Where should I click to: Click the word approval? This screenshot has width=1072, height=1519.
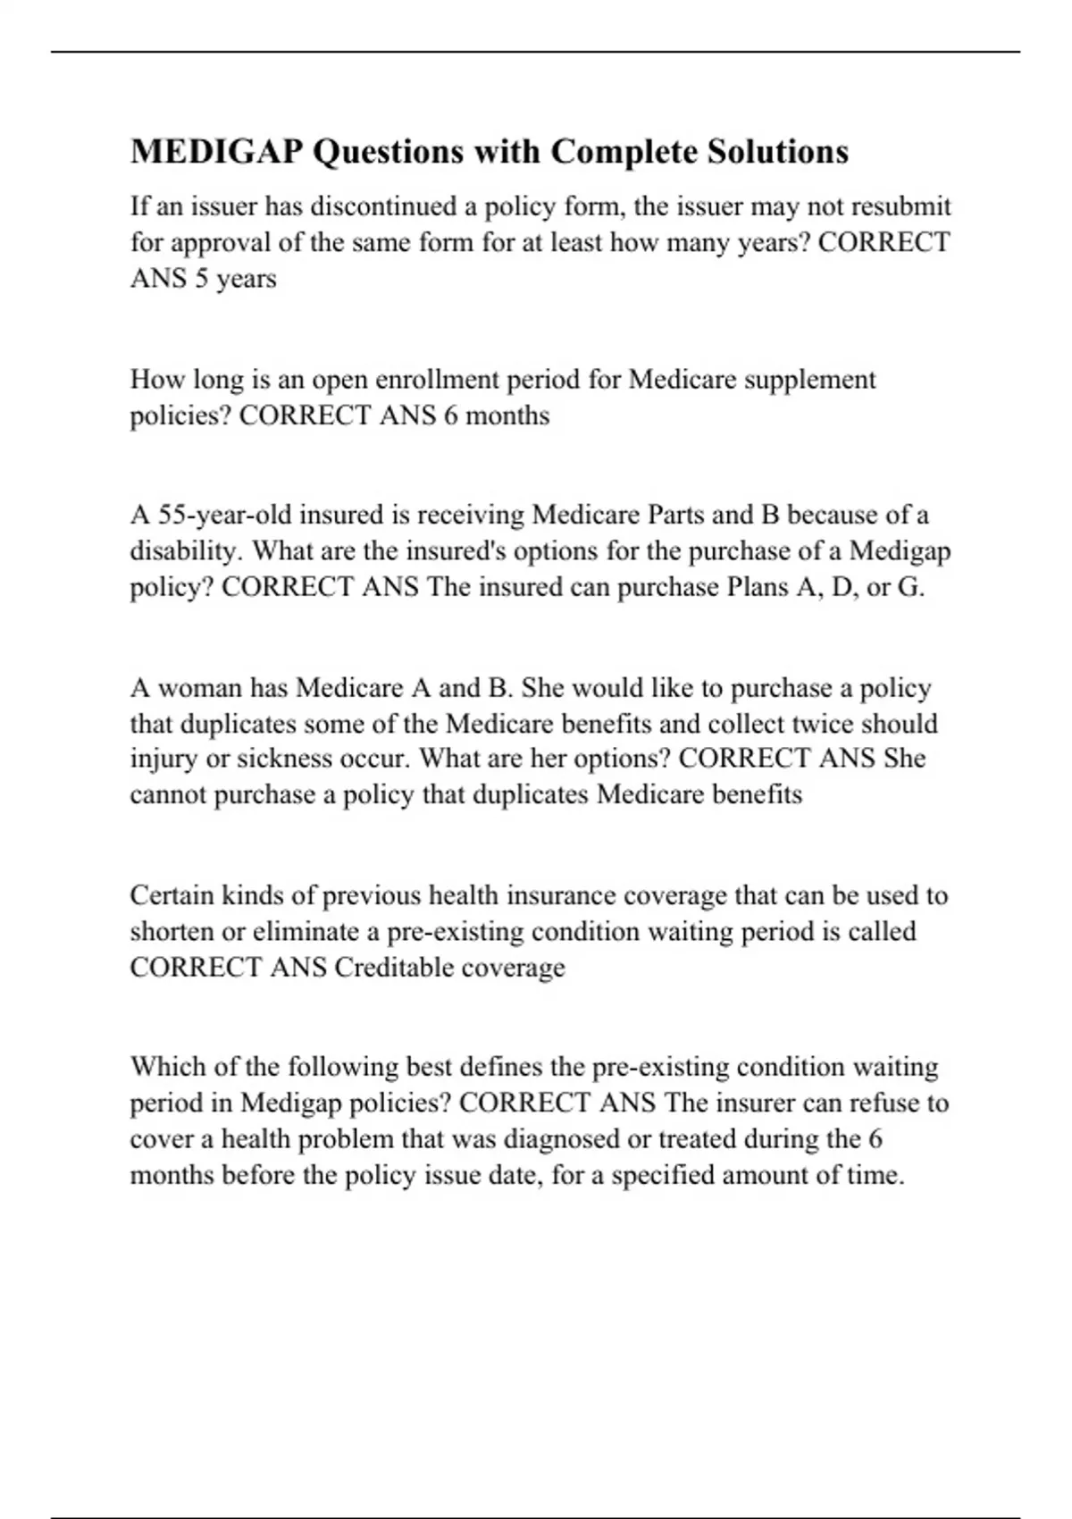pos(209,242)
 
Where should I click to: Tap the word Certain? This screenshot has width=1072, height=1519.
pos(172,895)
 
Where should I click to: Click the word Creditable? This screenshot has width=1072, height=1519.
pos(393,968)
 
